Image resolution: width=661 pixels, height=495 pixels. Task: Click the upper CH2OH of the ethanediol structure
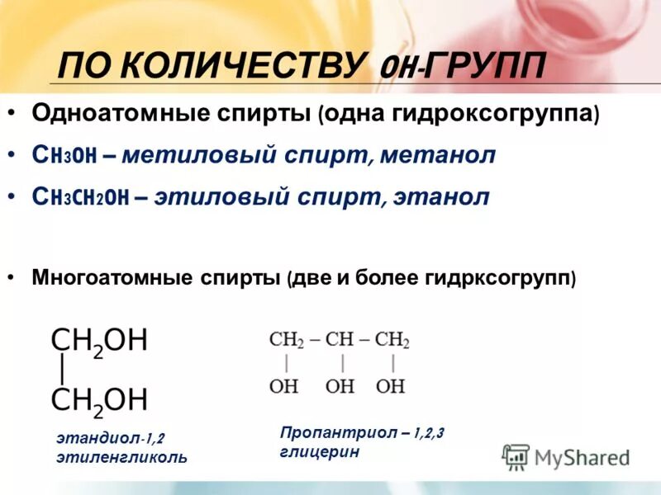coord(98,340)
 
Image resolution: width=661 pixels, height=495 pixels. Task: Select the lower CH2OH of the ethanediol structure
coord(98,399)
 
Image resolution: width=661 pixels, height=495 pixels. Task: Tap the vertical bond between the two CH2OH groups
coord(61,369)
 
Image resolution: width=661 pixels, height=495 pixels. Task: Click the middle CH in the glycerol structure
coord(340,340)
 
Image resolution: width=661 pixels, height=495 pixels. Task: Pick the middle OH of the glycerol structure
coord(340,385)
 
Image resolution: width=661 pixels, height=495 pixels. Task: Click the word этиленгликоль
coord(121,456)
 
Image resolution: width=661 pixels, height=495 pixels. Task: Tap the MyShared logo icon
coord(516,456)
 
